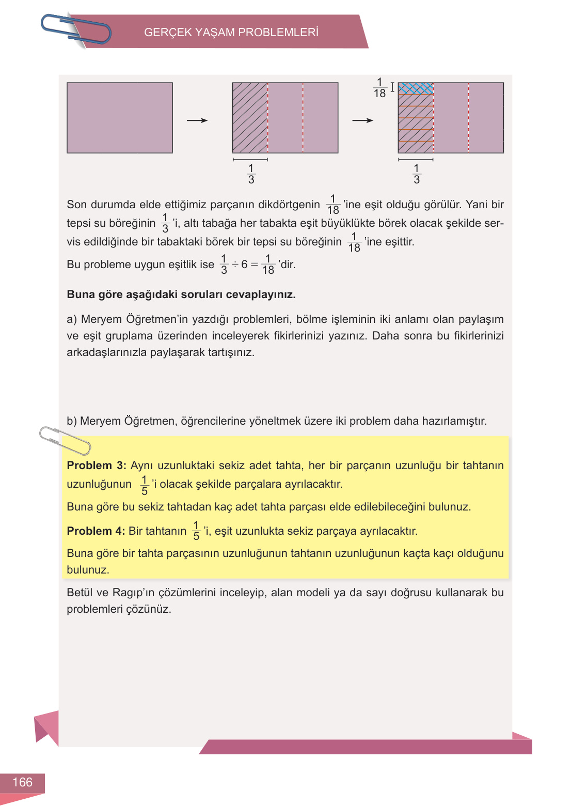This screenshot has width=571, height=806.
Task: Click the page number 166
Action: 22,782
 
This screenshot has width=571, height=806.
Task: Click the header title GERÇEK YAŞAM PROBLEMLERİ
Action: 231,33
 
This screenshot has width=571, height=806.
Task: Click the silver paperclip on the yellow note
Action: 65,440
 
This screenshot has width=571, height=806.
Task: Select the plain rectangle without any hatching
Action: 120,118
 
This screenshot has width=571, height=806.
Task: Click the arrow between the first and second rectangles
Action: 197,120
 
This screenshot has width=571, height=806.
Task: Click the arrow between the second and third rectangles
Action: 362,120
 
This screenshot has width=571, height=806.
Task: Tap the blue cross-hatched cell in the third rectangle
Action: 416,88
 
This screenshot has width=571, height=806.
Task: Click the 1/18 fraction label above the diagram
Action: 379,88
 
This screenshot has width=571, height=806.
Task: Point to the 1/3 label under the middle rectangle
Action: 251,174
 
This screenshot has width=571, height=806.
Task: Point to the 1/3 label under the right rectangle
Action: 416,174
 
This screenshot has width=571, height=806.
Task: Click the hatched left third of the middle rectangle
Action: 250,118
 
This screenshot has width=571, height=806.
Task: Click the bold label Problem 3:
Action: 97,466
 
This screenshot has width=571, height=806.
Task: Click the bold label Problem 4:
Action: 96,531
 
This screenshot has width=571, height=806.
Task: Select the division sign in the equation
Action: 235,265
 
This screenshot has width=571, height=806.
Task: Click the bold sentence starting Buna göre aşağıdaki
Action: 181,295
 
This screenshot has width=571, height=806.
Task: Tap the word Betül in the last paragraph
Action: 80,593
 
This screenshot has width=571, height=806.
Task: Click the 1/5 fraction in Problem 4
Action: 196,531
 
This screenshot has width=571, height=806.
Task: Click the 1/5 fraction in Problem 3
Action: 145,485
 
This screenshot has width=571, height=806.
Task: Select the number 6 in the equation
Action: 244,265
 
